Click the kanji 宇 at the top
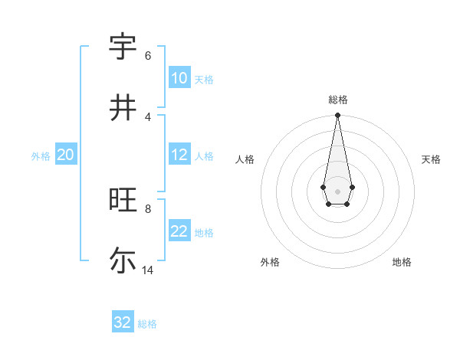coord(123,47)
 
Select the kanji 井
coord(123,108)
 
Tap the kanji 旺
coord(123,200)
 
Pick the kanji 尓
coord(123,260)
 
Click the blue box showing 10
coord(179,78)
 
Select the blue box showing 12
coord(179,155)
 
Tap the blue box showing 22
coord(179,231)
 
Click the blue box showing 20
coord(65,155)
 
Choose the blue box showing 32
coord(123,322)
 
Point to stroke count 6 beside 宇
coord(148,56)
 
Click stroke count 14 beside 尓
coord(148,270)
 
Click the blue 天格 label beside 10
coord(204,80)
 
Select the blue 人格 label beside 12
coord(204,156)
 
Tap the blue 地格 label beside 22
coord(204,233)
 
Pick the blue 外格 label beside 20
coord(41,156)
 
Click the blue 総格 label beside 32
coord(147,324)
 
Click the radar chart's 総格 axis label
coord(338,100)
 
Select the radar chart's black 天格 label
coord(432,159)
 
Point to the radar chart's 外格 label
coord(270,262)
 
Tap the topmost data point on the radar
coord(337,116)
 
